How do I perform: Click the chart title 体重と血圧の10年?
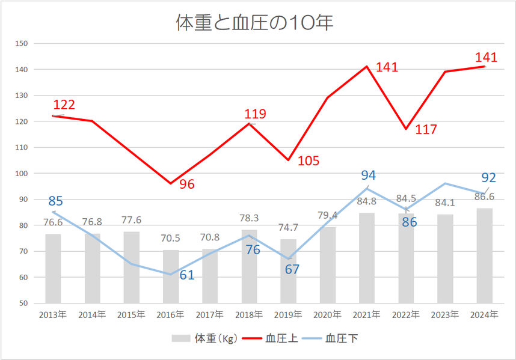tap(254, 23)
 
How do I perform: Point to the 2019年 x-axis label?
tap(288, 314)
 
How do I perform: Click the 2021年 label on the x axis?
tap(366, 314)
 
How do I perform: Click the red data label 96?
tap(187, 185)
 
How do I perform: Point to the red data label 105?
tap(308, 161)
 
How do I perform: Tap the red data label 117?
tap(426, 130)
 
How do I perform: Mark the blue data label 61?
tap(186, 275)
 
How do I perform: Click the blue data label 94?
tap(368, 175)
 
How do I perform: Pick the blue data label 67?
tap(292, 269)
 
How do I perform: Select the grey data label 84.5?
tap(406, 199)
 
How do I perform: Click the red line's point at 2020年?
tap(328, 97)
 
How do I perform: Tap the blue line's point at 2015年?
tap(132, 264)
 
